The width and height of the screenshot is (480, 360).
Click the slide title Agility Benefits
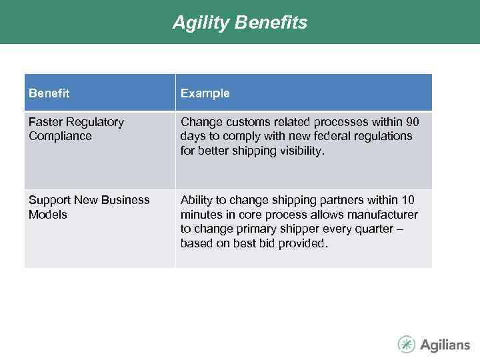point(240,23)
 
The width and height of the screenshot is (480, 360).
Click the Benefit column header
point(49,93)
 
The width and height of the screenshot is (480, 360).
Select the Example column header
point(205,93)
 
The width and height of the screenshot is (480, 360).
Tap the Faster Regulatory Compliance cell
point(76,129)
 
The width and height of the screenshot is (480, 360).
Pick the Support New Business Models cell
point(89,207)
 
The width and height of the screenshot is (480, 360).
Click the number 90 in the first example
point(413,122)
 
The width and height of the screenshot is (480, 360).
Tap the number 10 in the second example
point(408,200)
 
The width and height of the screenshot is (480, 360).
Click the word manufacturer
point(384,215)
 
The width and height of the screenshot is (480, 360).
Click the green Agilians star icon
point(406,344)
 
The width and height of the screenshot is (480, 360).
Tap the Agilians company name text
point(445,345)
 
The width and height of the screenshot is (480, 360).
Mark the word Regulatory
point(95,122)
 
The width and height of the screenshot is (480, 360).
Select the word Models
point(48,215)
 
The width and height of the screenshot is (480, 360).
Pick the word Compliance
point(60,136)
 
